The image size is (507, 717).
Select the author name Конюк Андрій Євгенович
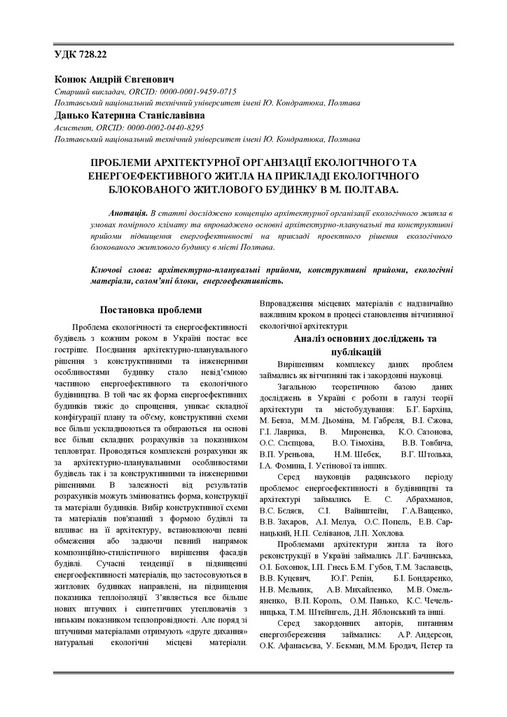[113, 80]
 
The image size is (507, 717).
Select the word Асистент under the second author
[69, 127]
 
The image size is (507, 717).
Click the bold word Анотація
[128, 212]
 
